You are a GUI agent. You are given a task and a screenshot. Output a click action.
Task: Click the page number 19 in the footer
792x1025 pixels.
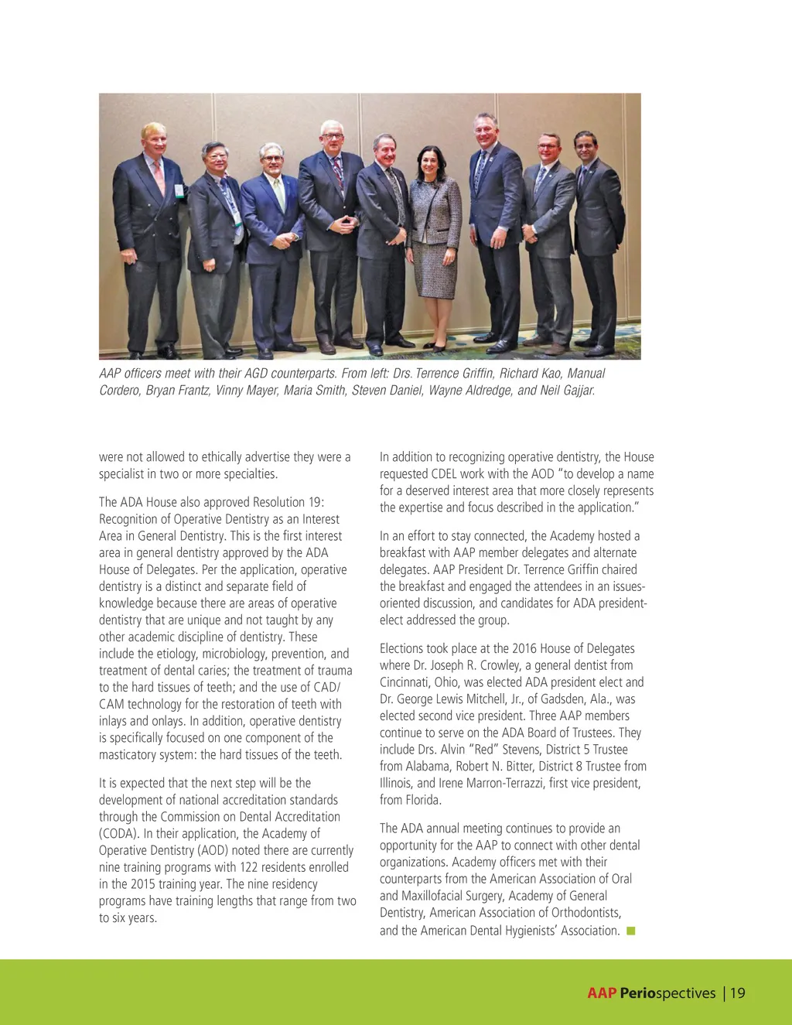click(x=738, y=993)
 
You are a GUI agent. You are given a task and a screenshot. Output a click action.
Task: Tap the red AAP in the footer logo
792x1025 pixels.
click(x=601, y=993)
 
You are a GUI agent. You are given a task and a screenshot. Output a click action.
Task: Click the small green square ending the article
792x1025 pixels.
click(x=631, y=931)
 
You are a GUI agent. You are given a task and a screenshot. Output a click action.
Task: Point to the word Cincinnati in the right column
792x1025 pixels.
click(x=407, y=682)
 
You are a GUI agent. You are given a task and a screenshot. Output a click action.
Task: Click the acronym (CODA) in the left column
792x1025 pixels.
click(x=118, y=834)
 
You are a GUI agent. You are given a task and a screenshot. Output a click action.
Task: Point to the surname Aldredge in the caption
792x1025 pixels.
click(x=490, y=391)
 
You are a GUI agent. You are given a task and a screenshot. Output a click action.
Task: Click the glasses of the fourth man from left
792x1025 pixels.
click(x=333, y=138)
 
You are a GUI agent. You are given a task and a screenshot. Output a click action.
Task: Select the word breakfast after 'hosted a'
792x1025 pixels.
click(x=405, y=553)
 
